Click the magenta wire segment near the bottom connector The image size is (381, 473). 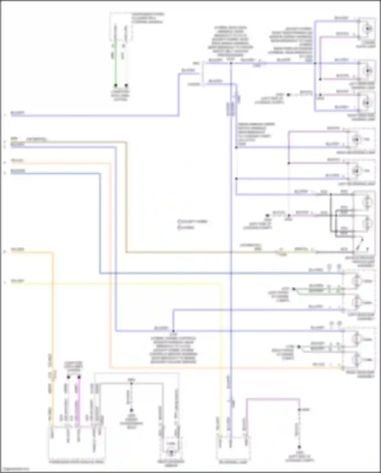coord(79,402)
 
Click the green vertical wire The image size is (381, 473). coord(116,66)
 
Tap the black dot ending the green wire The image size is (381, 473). coord(116,85)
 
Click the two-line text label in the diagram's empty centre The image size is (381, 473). coord(192,224)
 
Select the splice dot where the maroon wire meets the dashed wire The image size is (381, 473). coord(299,409)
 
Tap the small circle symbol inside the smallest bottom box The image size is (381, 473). coord(171,452)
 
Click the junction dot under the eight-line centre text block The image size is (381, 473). coord(231,63)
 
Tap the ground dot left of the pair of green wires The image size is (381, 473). coord(294,289)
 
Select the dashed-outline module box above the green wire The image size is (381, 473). coord(121,27)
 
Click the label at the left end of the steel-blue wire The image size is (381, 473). coord(18,171)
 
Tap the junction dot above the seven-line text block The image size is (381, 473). coord(173,331)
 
